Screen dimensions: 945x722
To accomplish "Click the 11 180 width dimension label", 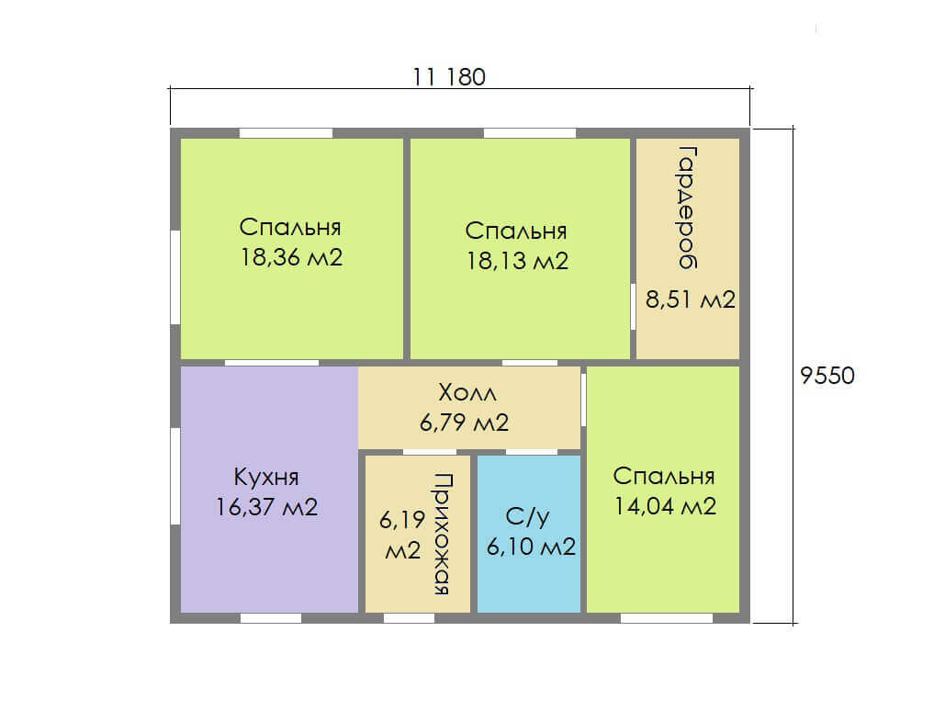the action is coord(449,77).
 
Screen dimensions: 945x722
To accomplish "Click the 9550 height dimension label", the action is coord(827,376).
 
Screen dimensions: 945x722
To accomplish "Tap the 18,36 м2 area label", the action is coord(292,257).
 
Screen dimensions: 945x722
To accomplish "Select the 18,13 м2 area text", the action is coord(518,261).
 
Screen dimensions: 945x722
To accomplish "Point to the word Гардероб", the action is coord(686,208).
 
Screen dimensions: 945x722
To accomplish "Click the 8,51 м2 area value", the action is coord(691,299).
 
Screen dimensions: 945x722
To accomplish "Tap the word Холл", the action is coord(467,393).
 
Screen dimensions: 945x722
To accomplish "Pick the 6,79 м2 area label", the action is coord(464,423).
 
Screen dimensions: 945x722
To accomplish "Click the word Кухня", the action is coord(266,478).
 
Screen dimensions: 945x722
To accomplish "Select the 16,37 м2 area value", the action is coord(267,507).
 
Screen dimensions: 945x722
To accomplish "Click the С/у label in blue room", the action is coord(528,517).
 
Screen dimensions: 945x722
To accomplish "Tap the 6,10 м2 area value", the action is coord(531,547).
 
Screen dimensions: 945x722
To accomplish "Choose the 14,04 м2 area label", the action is coord(665,506).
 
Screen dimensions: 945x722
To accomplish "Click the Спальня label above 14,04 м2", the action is coord(664,476).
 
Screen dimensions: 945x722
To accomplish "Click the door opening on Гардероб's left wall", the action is coord(633,307).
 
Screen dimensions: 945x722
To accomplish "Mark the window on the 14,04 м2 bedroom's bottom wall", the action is coord(667,618).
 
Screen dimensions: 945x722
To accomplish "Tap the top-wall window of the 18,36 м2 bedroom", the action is coord(287,133).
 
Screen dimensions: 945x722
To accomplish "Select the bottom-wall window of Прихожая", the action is coord(410,618).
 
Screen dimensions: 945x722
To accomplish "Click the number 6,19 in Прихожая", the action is coord(402,520).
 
